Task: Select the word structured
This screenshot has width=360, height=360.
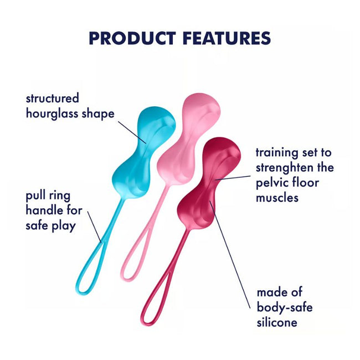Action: coord(53,99)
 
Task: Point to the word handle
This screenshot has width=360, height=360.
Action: coord(45,211)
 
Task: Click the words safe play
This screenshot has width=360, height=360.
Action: coord(50,226)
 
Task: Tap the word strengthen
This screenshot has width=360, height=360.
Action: coord(282,167)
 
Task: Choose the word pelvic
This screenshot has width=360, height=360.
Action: coord(271,182)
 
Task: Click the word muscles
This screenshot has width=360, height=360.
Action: coord(277,197)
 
